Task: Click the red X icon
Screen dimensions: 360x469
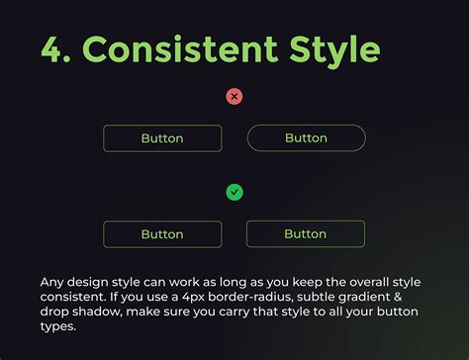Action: [x=234, y=96]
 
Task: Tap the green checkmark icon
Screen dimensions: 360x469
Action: [x=234, y=192]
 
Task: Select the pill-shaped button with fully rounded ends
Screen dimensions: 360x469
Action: [x=306, y=137]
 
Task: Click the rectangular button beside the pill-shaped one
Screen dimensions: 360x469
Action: [x=162, y=138]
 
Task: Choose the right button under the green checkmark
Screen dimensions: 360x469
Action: [x=306, y=234]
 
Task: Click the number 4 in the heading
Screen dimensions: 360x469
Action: [x=51, y=48]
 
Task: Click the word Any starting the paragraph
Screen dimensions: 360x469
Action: [x=52, y=280]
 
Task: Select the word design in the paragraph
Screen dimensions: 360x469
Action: [x=92, y=280]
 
